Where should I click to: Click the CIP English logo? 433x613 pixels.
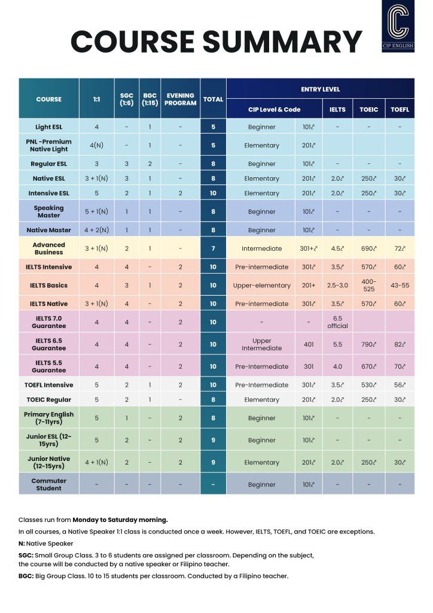click(x=398, y=26)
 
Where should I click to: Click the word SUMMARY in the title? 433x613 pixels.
click(x=282, y=42)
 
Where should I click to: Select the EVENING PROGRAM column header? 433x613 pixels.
click(x=180, y=99)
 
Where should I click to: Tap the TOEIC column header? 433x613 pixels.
click(x=368, y=110)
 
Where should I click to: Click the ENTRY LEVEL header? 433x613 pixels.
click(x=320, y=89)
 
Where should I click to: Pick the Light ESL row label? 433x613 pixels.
click(x=48, y=127)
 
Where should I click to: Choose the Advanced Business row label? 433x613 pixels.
click(x=48, y=248)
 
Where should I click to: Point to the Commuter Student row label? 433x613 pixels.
click(x=48, y=484)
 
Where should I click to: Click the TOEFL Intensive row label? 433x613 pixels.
click(x=48, y=385)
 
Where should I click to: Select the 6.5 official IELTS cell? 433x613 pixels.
click(x=337, y=322)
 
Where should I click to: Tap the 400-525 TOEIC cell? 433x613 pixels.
click(x=368, y=286)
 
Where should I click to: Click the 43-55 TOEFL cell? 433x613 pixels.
click(x=400, y=286)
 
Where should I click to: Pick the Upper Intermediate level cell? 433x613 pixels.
click(x=261, y=344)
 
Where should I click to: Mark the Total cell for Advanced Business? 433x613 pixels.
click(x=213, y=248)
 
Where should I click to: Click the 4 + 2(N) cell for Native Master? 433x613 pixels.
click(x=96, y=230)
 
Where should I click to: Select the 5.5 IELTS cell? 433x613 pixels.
click(x=337, y=344)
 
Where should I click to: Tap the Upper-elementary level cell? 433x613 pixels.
click(x=261, y=286)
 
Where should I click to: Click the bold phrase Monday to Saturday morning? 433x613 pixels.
click(x=120, y=520)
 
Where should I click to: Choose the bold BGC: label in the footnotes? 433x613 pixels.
click(x=27, y=576)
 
